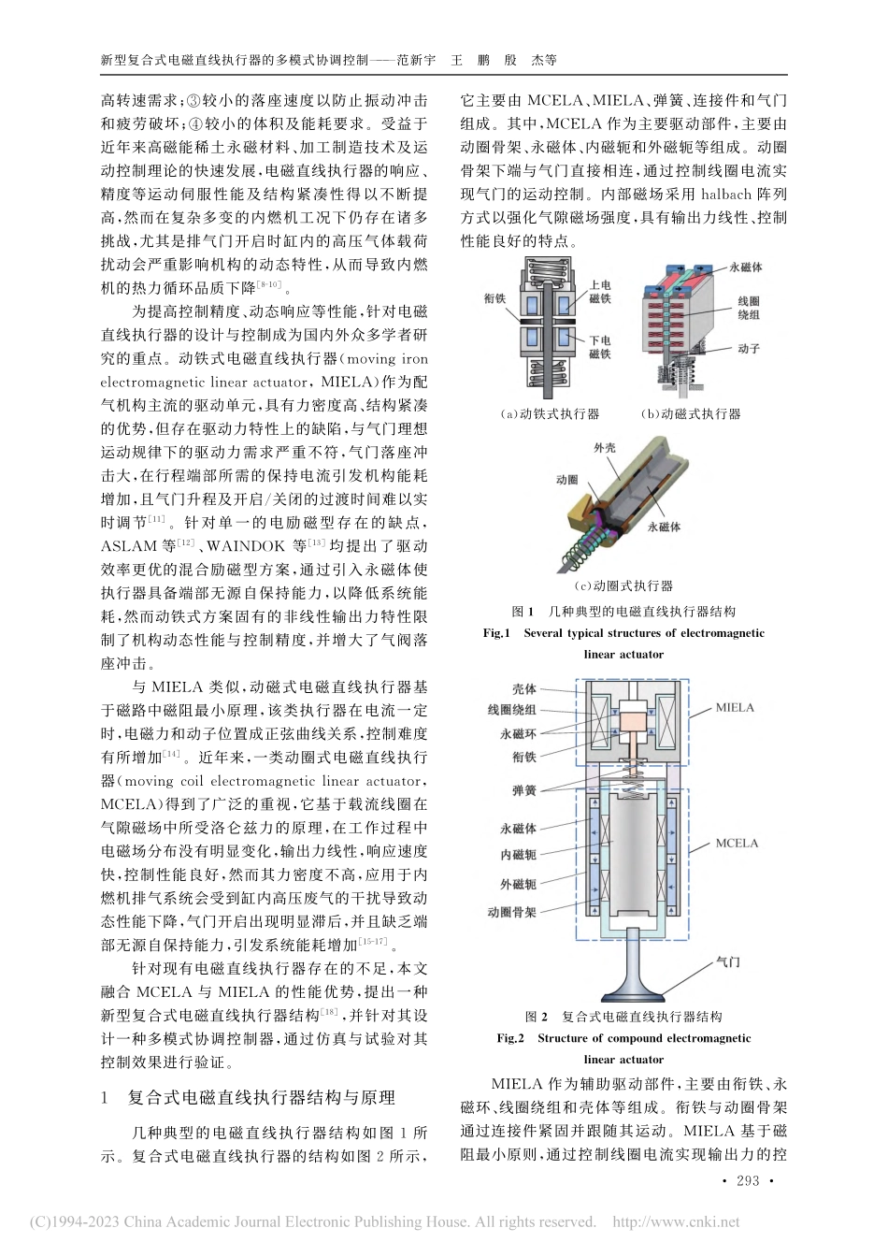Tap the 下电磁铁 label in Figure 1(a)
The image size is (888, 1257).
point(600,348)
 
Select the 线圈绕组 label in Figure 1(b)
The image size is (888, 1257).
point(749,308)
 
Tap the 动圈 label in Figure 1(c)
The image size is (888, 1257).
point(566,479)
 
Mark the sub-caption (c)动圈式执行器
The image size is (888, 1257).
point(622,586)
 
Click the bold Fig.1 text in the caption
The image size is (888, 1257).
point(494,633)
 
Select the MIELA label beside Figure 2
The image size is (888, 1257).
point(735,707)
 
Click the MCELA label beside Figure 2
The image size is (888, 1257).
point(737,843)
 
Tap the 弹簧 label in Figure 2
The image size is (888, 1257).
point(523,790)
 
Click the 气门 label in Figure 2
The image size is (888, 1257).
point(728,959)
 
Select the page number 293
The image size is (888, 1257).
point(748,1181)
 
